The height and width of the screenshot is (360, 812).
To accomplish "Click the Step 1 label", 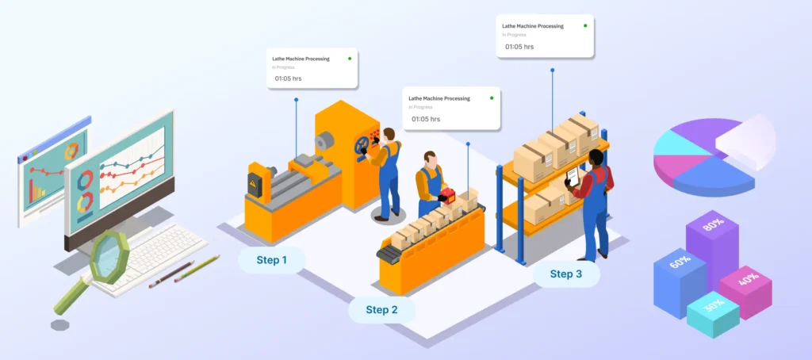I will (x=271, y=259).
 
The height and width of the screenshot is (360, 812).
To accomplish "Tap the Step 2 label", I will (x=381, y=309).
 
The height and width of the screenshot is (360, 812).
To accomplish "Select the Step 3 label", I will (x=566, y=274).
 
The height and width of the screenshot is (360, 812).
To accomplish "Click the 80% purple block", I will (x=710, y=242).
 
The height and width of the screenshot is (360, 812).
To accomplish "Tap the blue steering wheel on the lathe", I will (x=363, y=145).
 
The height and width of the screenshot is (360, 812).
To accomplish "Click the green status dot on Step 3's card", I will (x=585, y=25).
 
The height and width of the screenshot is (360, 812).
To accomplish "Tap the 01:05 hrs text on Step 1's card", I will (x=288, y=79).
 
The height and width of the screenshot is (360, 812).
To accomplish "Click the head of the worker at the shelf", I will (x=596, y=158).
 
